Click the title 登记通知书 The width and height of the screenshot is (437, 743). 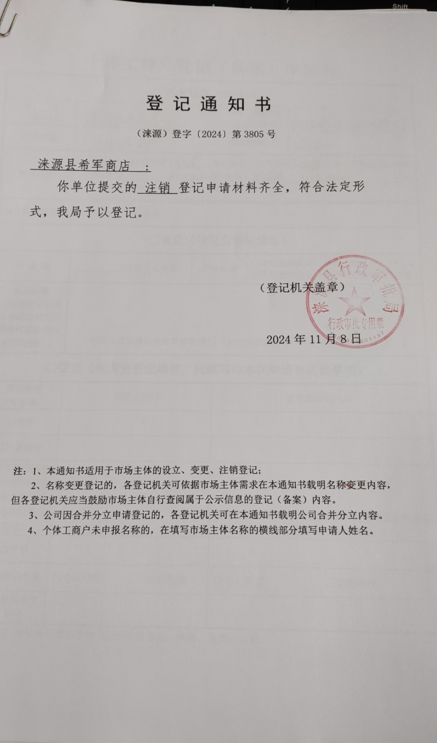[x=208, y=104]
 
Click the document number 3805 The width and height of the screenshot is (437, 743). [x=254, y=134]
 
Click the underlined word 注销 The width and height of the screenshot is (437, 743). [x=157, y=188]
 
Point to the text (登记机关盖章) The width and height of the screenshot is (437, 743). [x=301, y=287]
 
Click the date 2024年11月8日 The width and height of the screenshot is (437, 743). [x=313, y=339]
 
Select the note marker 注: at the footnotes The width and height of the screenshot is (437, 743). [x=20, y=471]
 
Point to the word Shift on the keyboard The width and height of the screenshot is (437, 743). [x=400, y=6]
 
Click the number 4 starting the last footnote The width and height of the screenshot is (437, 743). [x=30, y=530]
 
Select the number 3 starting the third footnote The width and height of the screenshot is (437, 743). [x=32, y=515]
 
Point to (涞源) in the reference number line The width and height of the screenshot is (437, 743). [x=152, y=134]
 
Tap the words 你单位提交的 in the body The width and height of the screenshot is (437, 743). [x=97, y=187]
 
